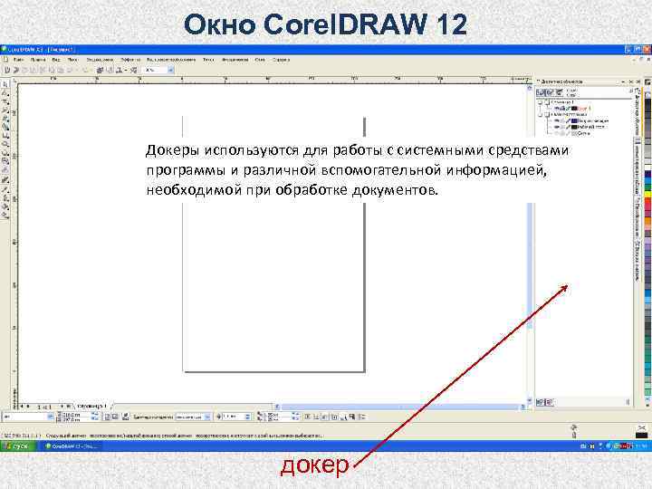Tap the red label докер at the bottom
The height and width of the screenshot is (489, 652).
[315, 466]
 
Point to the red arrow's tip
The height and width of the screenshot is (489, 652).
[568, 286]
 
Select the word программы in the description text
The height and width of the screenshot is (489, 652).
[185, 170]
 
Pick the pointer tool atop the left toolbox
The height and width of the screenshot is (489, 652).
[6, 82]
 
